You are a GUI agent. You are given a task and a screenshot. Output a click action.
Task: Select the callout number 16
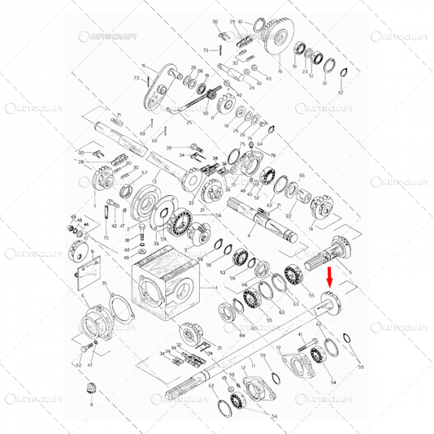(143, 66)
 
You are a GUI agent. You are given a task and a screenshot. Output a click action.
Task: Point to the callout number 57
(340, 92)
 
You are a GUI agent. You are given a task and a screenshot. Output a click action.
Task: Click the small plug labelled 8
(92, 389)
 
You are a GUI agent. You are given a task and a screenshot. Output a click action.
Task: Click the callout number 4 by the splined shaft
(249, 236)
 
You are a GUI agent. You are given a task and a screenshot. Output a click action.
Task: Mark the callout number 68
(242, 335)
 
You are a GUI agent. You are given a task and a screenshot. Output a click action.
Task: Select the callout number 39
(169, 148)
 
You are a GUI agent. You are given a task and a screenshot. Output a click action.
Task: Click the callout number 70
(105, 237)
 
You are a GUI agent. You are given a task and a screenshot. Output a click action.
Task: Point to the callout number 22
(289, 215)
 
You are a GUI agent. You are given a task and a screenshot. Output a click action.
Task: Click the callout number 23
(304, 73)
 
